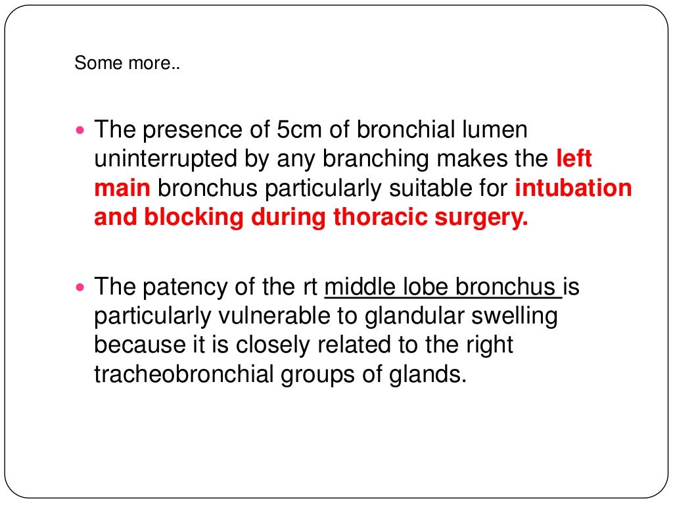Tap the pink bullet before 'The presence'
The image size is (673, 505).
pyautogui.click(x=81, y=130)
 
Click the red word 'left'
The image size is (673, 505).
pyautogui.click(x=574, y=159)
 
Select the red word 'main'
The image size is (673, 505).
pyautogui.click(x=122, y=188)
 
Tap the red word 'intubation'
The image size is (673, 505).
pyautogui.click(x=573, y=188)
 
